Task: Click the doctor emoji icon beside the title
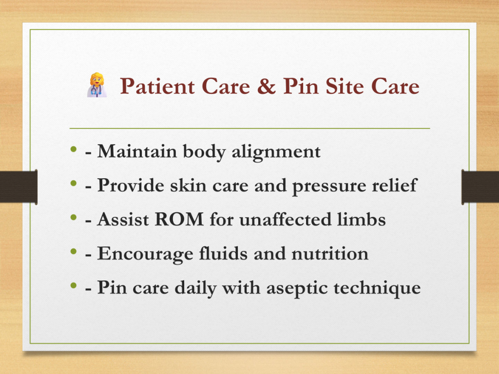(x=97, y=85)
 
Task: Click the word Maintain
(x=137, y=151)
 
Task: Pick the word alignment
(x=276, y=152)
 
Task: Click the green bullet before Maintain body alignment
(x=74, y=149)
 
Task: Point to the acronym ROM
(x=179, y=219)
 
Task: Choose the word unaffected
(x=286, y=219)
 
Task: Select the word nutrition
(x=330, y=254)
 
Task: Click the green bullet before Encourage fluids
(x=74, y=252)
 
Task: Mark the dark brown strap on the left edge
(x=19, y=187)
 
